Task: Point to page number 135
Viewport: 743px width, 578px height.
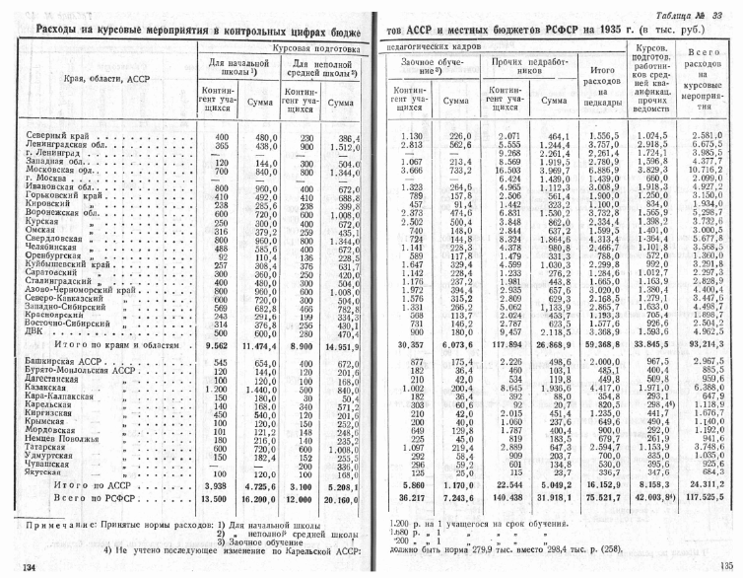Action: click(728, 566)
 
